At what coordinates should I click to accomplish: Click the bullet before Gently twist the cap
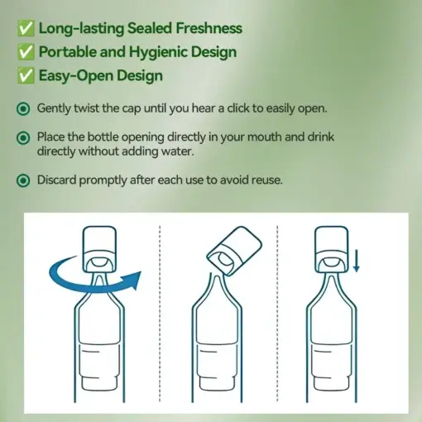pyautogui.click(x=23, y=108)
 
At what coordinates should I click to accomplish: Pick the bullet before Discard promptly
pyautogui.click(x=23, y=180)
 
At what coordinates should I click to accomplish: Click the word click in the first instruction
pyautogui.click(x=253, y=108)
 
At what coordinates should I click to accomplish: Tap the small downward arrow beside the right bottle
pyautogui.click(x=357, y=262)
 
